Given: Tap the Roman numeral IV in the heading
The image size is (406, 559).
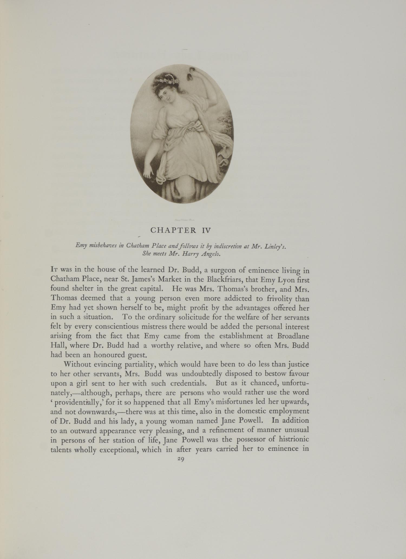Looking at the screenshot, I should tap(202, 230).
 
